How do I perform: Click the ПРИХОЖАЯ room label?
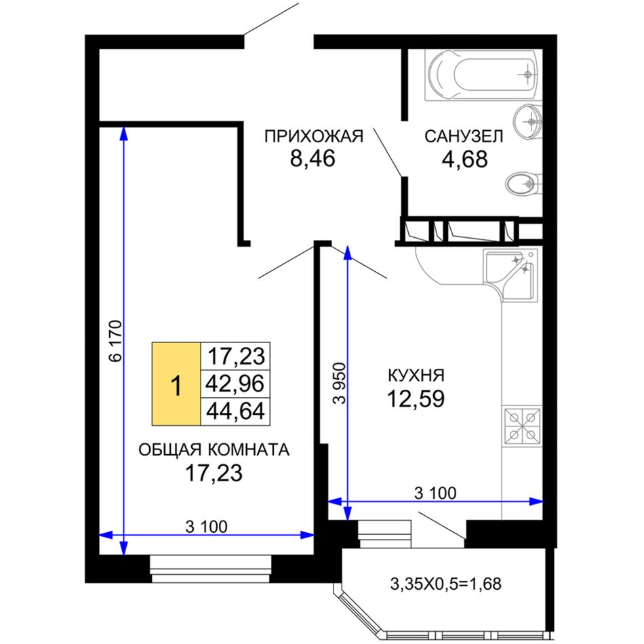pos(314,136)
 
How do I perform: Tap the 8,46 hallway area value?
pos(313,159)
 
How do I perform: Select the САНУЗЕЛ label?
pos(464,136)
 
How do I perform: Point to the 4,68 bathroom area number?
pos(464,159)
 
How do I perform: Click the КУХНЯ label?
pos(416,376)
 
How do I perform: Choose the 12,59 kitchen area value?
pos(416,399)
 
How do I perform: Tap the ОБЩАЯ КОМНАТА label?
pos(214,450)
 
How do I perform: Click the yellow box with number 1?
pos(176,384)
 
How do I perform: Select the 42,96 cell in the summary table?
pos(235,384)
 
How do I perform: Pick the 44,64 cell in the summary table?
pos(235,411)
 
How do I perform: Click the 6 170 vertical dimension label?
pos(116,341)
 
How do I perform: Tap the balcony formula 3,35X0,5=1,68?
pos(445,584)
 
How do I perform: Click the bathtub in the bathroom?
pos(483,75)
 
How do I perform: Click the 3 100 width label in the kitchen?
pos(435,494)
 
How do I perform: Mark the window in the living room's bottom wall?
pos(211,569)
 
